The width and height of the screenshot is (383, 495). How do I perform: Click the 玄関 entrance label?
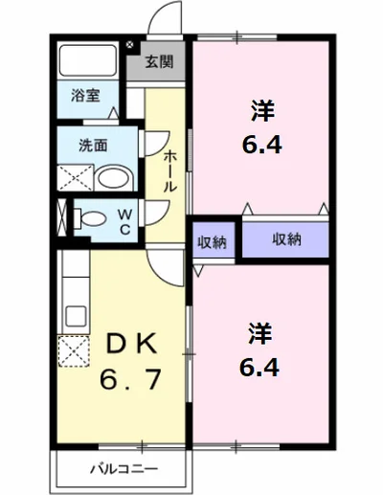[159, 63]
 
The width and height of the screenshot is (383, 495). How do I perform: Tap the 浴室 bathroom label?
[85, 95]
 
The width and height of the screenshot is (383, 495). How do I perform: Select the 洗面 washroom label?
[92, 146]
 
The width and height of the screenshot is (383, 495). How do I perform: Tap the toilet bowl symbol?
[91, 216]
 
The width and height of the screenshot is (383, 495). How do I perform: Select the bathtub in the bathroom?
[86, 62]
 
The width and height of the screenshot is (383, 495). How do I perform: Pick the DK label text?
[120, 343]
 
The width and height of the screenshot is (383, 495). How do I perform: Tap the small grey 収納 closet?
[213, 241]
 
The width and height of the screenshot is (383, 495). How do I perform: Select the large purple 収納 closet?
[286, 239]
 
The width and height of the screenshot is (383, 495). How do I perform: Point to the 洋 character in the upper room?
[259, 110]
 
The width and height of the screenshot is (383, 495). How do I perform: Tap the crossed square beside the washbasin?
[75, 178]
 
